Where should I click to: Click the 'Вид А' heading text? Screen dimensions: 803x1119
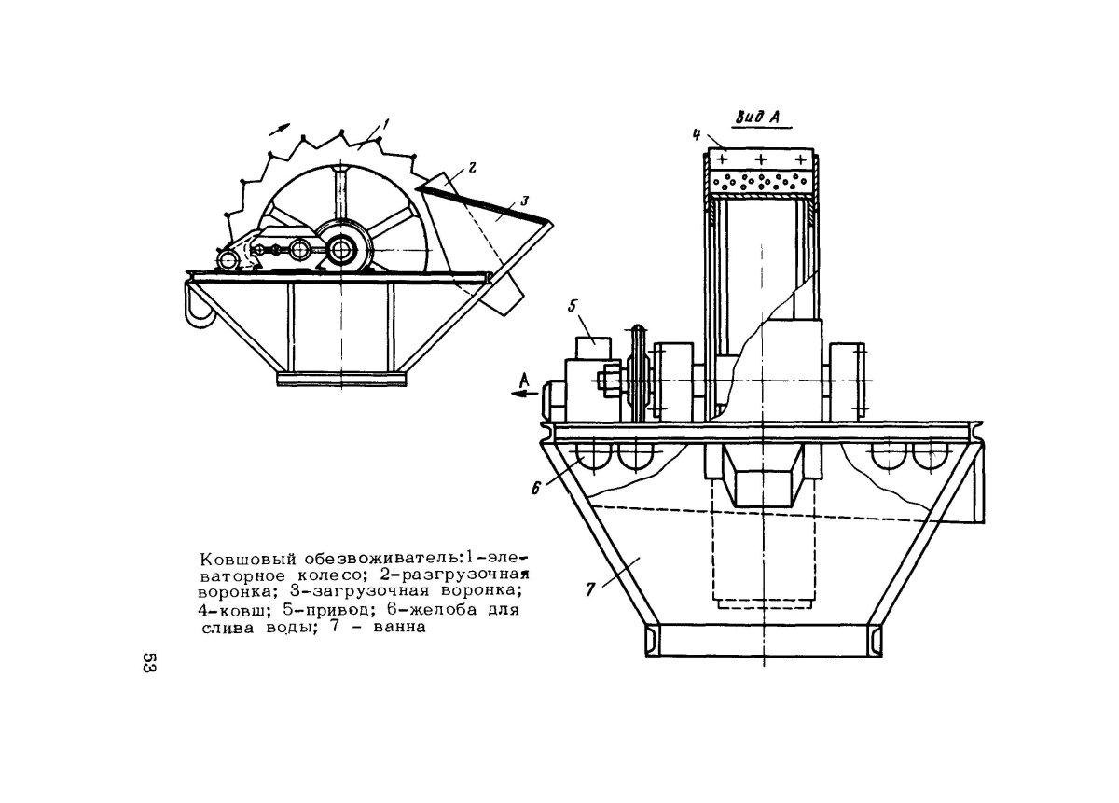(759, 118)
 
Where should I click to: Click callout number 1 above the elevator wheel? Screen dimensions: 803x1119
(385, 122)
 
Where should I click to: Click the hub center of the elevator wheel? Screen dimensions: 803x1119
(340, 249)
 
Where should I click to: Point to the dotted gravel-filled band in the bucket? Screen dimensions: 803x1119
(762, 181)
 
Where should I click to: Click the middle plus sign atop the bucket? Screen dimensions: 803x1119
(762, 158)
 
